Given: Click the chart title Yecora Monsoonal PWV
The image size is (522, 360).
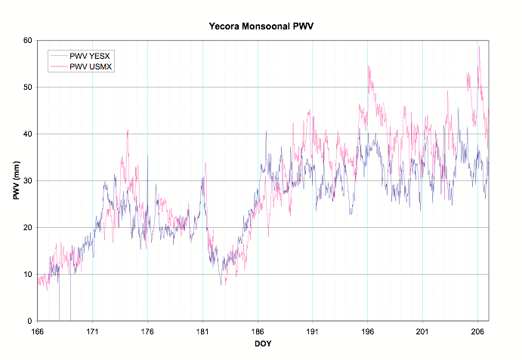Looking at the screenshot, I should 261,26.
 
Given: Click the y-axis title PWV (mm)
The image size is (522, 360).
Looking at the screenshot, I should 16,180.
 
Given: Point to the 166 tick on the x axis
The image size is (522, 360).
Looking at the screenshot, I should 37,331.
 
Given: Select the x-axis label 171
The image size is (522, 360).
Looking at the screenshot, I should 92,331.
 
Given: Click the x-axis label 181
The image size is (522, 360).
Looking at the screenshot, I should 202,331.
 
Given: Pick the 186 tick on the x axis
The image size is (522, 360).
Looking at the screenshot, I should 257,331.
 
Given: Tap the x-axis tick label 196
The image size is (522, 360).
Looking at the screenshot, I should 367,331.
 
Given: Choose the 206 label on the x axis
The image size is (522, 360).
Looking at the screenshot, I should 477,331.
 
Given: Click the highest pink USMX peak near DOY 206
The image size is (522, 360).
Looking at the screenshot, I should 479,47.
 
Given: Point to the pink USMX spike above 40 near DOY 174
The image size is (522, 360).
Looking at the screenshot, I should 128,130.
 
